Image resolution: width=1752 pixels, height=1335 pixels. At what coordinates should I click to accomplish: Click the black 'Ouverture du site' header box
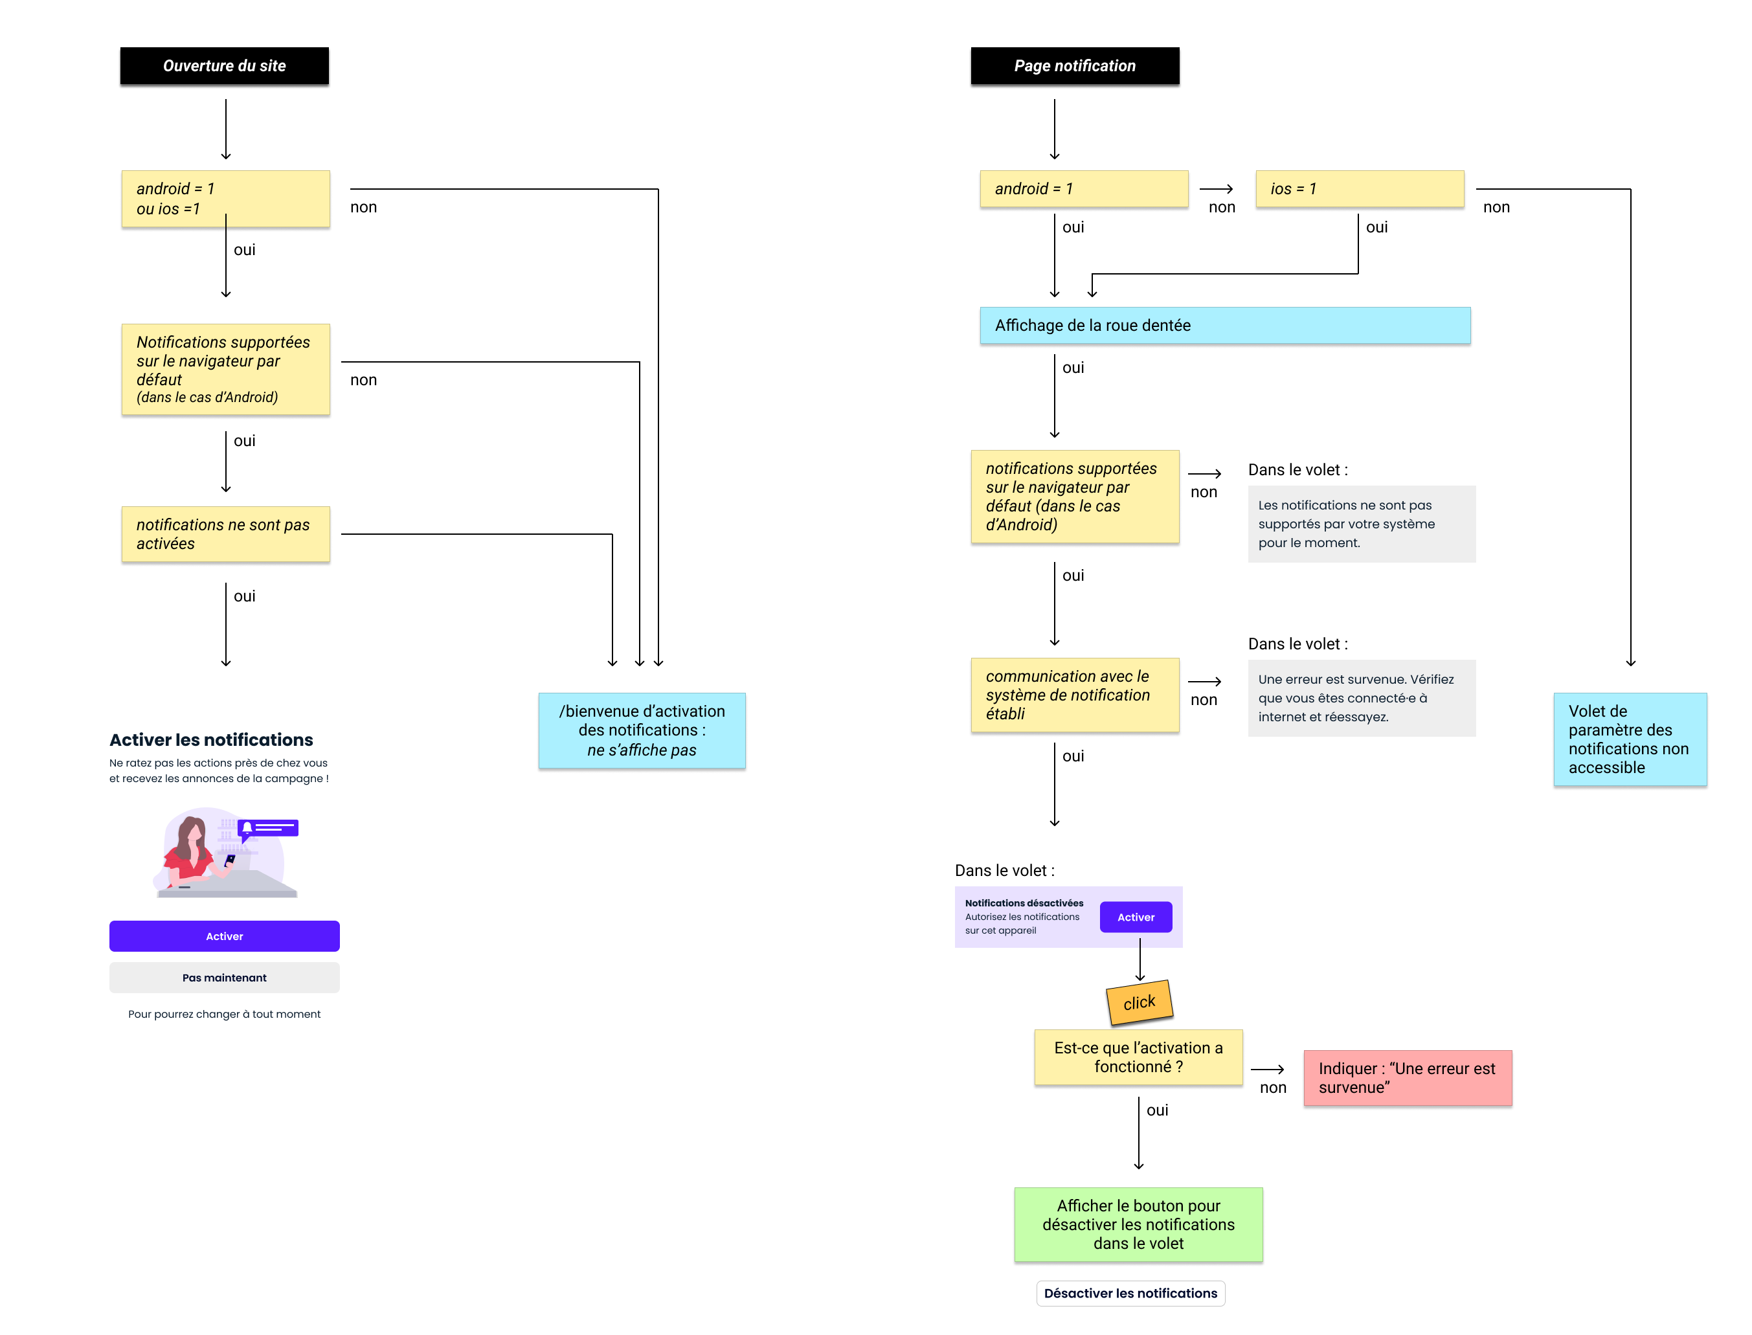(224, 66)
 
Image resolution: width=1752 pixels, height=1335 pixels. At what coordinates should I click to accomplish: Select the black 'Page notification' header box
(1074, 66)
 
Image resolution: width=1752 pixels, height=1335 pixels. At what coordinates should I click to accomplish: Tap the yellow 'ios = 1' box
(1359, 189)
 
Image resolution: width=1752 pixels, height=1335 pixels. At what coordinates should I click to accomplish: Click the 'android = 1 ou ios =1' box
(226, 199)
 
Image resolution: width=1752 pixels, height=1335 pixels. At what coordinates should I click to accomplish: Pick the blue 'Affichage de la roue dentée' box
(1224, 326)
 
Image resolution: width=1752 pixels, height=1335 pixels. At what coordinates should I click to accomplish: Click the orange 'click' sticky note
(1140, 1003)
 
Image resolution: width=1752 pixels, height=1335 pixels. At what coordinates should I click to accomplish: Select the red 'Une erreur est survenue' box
(1407, 1079)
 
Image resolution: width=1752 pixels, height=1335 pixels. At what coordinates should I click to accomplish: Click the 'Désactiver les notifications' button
(1130, 1294)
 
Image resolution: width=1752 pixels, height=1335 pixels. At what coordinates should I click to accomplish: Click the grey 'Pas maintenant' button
(224, 978)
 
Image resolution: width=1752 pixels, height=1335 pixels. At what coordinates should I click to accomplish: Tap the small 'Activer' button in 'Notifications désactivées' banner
(1136, 918)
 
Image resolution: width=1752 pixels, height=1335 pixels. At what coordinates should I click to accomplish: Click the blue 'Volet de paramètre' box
(1630, 740)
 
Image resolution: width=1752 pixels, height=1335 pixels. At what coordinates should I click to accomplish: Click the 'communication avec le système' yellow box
(1074, 695)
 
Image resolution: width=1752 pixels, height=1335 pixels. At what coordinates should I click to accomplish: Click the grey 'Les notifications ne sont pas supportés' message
(1361, 524)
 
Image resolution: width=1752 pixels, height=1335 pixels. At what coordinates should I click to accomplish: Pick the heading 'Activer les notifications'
(211, 741)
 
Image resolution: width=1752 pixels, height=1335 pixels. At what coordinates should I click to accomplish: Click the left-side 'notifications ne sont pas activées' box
(226, 535)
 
